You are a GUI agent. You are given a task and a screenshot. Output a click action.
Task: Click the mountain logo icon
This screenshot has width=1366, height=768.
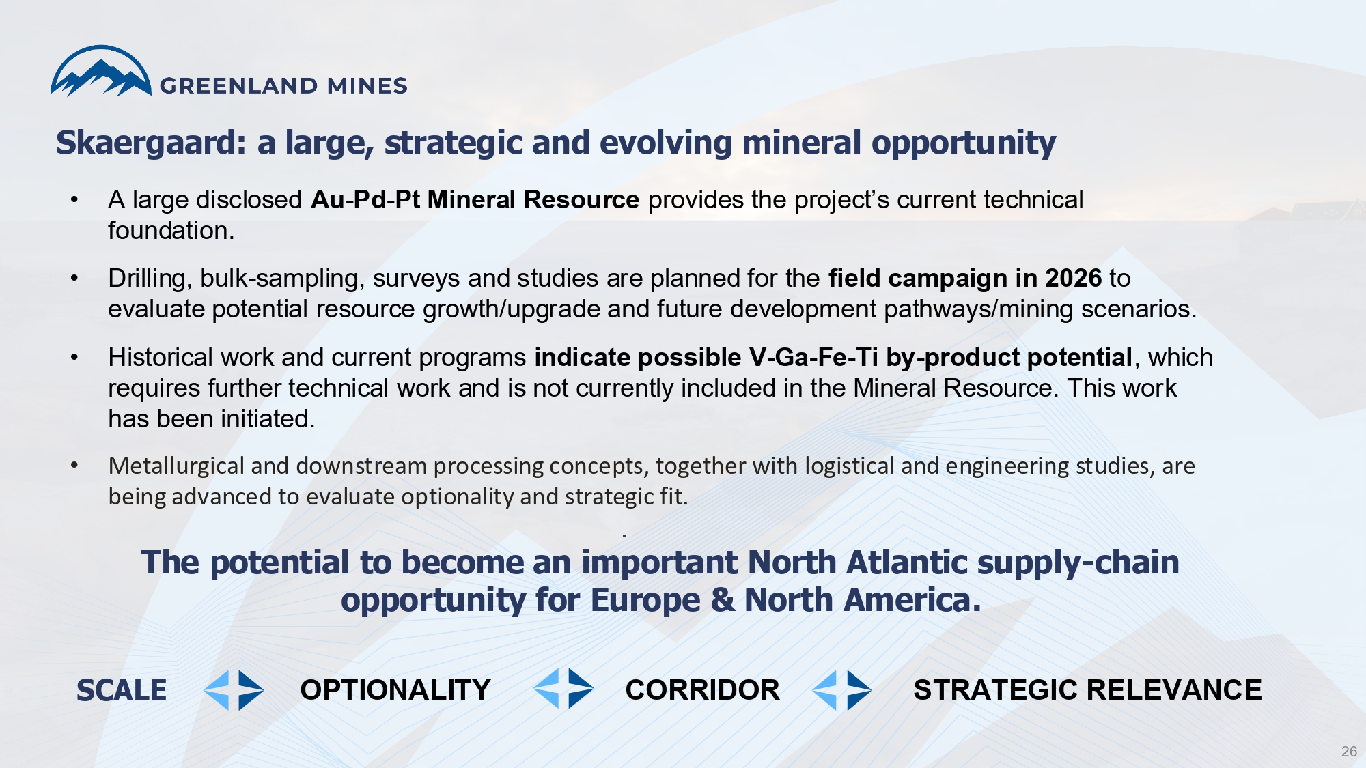pyautogui.click(x=101, y=71)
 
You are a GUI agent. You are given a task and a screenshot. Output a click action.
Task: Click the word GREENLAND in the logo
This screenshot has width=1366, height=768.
pyautogui.click(x=238, y=86)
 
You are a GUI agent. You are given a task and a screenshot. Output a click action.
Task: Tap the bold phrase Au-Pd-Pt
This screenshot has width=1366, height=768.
pyautogui.click(x=365, y=200)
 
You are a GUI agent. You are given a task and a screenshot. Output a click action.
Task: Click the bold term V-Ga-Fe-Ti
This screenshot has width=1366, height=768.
pyautogui.click(x=813, y=358)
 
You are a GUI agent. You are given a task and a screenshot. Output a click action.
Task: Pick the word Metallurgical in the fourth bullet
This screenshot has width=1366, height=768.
pyautogui.click(x=176, y=466)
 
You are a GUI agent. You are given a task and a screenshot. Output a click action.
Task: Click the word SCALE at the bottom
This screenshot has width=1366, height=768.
pyautogui.click(x=122, y=690)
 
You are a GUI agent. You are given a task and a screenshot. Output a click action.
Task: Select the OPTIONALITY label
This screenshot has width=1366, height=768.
pyautogui.click(x=395, y=690)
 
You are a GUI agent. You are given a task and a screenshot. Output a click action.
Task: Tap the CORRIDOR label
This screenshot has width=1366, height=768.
pyautogui.click(x=702, y=690)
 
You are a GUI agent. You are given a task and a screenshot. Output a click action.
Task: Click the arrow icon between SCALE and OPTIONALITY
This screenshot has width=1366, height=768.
pyautogui.click(x=234, y=690)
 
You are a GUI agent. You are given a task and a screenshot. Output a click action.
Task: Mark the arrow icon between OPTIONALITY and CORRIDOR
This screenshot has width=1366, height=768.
pyautogui.click(x=563, y=688)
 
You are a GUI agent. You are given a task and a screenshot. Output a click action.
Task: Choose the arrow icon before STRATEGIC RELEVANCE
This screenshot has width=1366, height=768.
pyautogui.click(x=841, y=690)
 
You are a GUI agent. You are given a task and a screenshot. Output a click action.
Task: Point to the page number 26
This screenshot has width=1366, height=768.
pyautogui.click(x=1349, y=752)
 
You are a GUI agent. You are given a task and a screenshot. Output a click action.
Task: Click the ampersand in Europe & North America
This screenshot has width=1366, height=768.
pyautogui.click(x=723, y=601)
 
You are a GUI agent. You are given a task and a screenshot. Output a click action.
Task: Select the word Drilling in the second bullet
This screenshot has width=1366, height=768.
pyautogui.click(x=150, y=279)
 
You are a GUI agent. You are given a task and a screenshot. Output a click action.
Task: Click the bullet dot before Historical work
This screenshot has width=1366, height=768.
pyautogui.click(x=74, y=357)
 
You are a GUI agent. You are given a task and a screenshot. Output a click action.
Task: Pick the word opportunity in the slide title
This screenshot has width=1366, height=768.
pyautogui.click(x=964, y=143)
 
